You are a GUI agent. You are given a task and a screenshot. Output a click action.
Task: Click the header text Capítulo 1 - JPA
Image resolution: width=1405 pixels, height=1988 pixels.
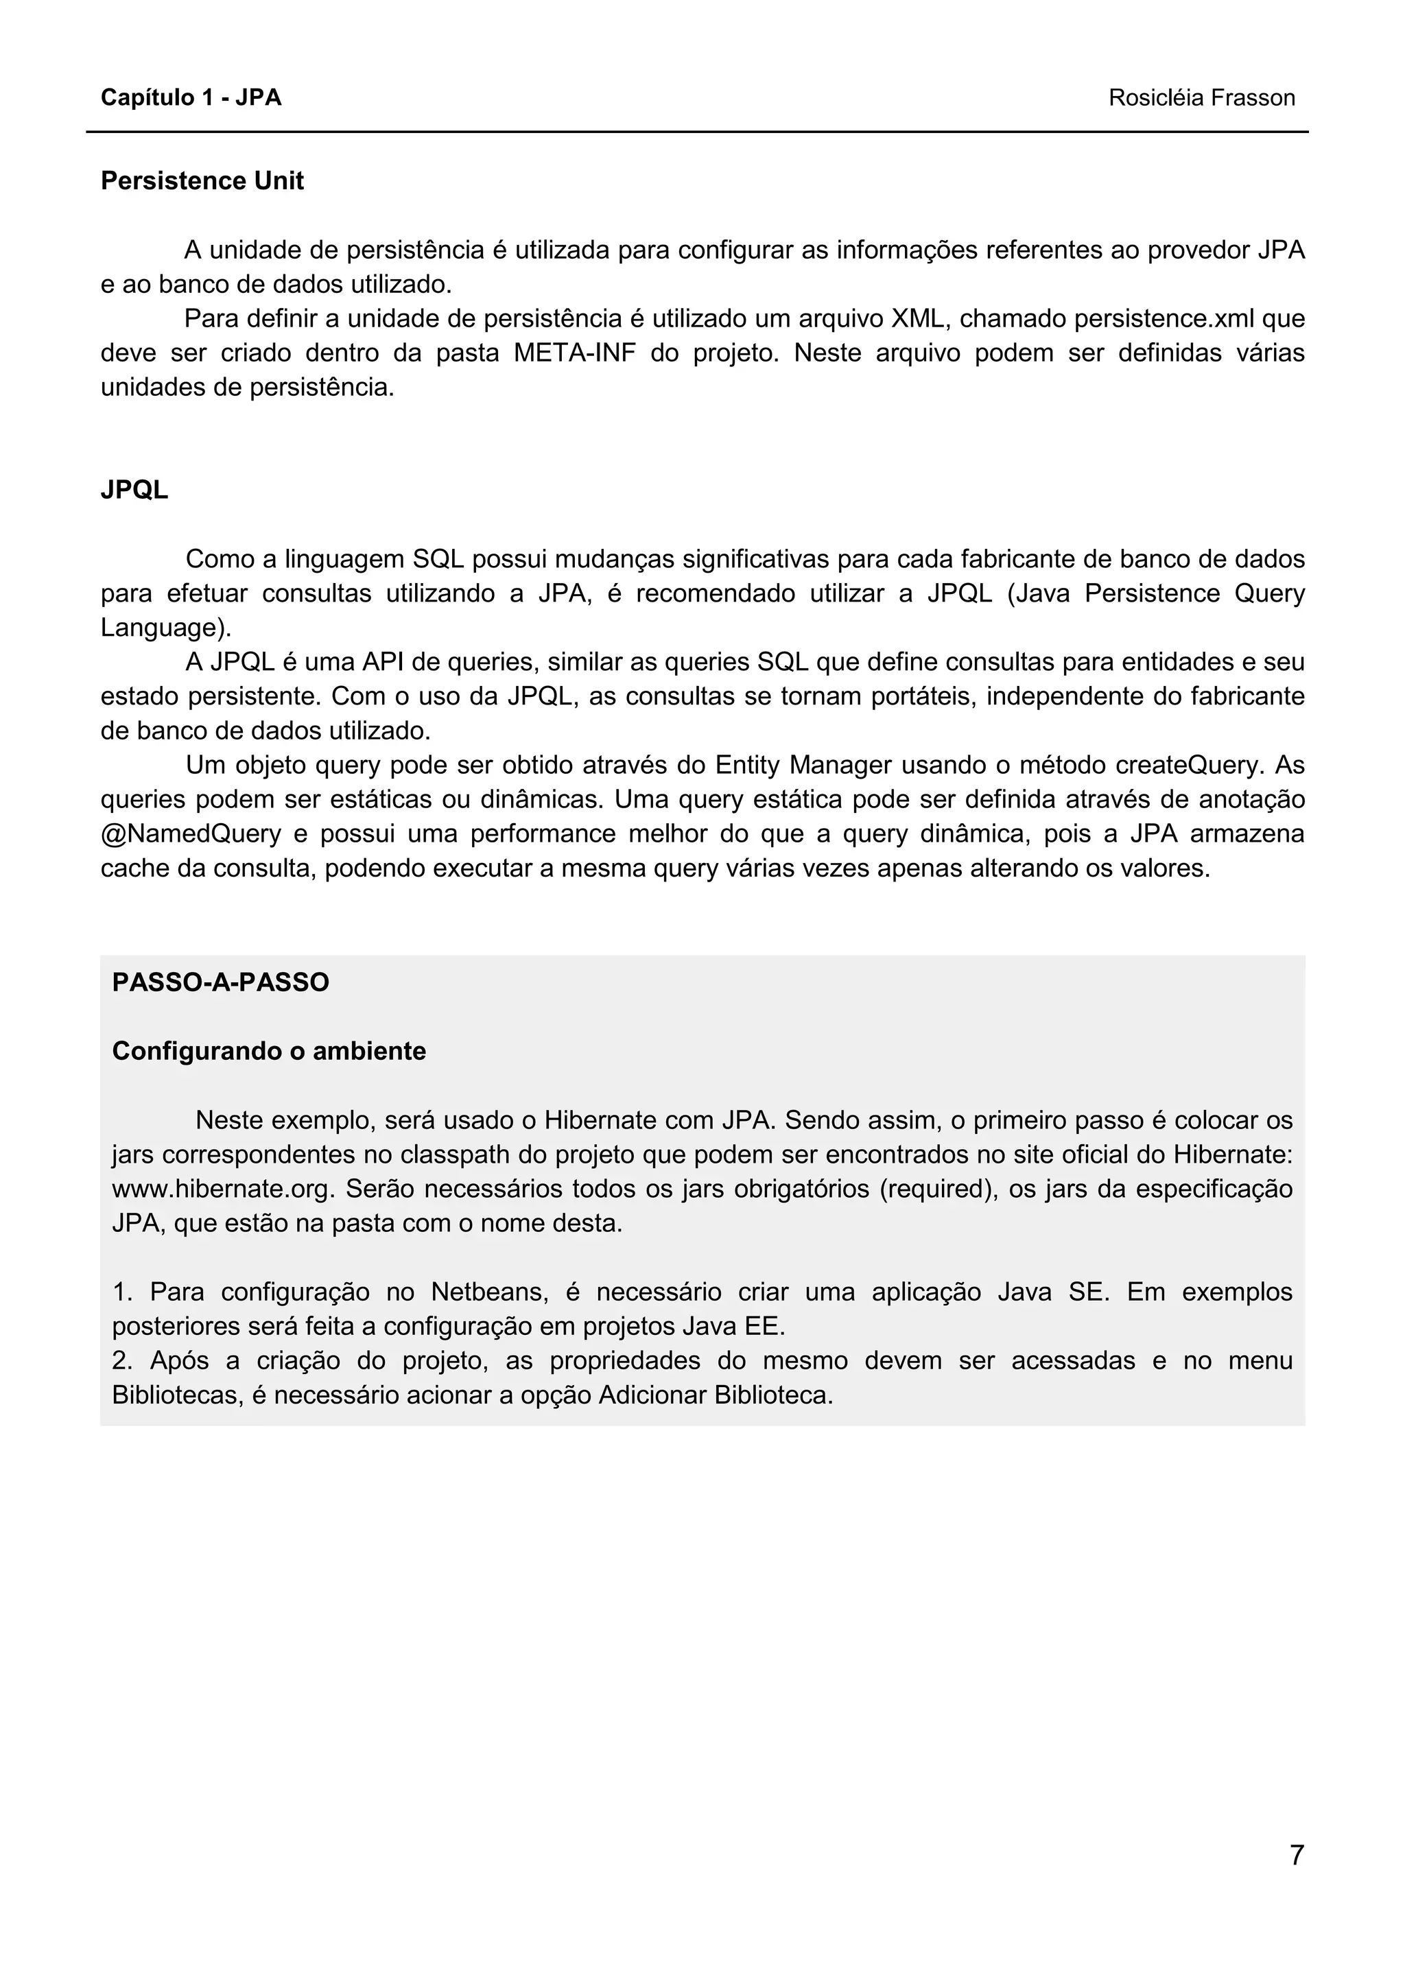click(191, 98)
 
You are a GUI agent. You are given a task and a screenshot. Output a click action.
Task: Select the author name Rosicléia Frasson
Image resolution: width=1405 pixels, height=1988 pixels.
click(1201, 98)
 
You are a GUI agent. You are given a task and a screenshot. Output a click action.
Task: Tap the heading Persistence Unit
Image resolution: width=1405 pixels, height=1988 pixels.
click(202, 181)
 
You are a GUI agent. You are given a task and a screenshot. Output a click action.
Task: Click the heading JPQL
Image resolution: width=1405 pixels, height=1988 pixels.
click(134, 490)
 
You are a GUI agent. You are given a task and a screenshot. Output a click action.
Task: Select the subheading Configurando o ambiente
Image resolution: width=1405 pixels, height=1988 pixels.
click(269, 1051)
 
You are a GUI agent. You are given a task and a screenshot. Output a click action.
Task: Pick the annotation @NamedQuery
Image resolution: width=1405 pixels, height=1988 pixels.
click(191, 833)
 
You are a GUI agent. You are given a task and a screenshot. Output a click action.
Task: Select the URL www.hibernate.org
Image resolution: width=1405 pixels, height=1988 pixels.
click(222, 1189)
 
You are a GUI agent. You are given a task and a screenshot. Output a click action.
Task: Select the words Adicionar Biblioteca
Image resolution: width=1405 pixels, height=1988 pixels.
click(715, 1395)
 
